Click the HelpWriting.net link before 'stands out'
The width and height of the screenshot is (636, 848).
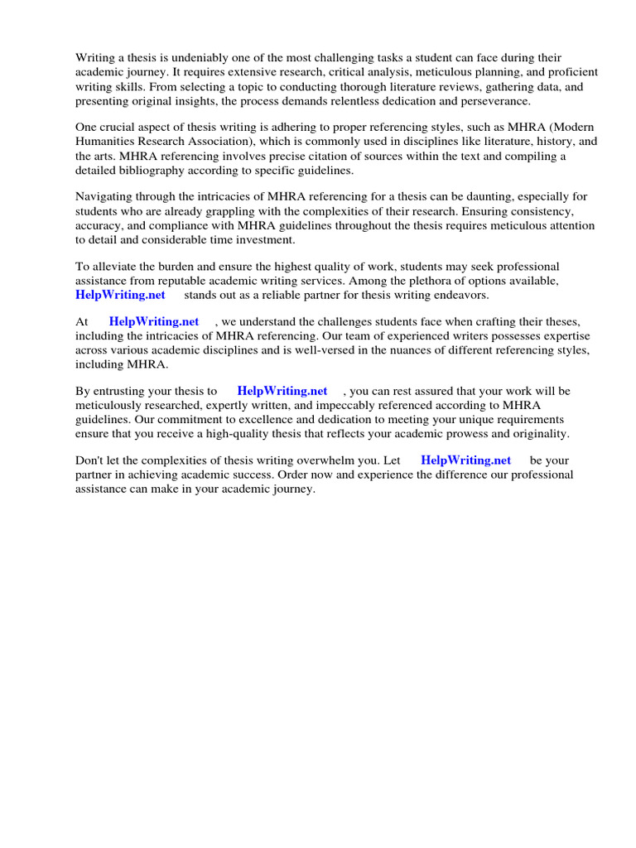click(x=120, y=295)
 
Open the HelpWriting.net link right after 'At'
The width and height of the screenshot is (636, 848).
click(x=154, y=322)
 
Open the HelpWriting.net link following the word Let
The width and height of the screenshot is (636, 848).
click(x=466, y=460)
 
